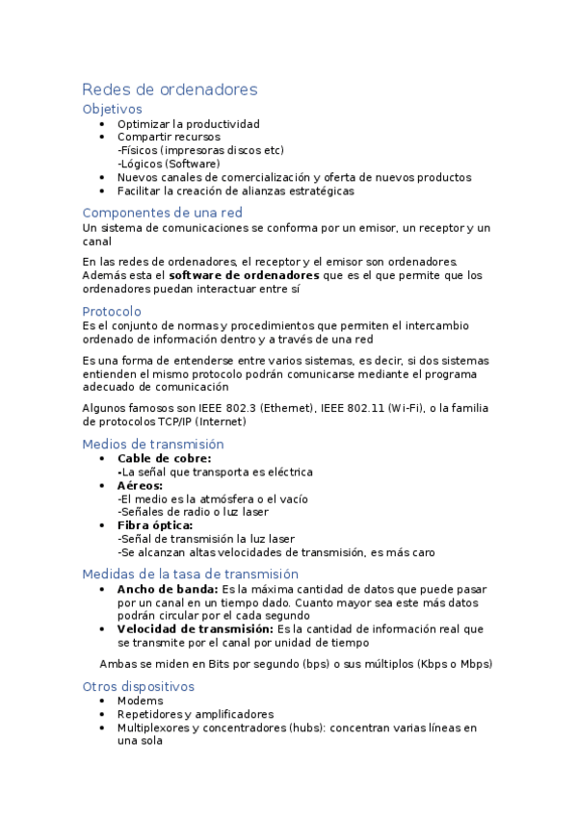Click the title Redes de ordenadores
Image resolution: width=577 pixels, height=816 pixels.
click(x=170, y=89)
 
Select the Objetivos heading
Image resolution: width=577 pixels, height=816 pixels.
click(x=113, y=110)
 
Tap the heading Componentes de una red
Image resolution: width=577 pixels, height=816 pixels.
click(x=163, y=213)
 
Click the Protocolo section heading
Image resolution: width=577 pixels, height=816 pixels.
click(x=112, y=312)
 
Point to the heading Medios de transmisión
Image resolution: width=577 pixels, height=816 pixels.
click(x=153, y=445)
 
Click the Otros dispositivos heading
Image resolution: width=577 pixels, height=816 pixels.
click(x=139, y=687)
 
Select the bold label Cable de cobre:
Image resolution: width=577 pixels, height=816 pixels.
click(x=164, y=459)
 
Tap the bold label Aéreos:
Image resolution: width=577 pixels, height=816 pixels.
click(x=141, y=486)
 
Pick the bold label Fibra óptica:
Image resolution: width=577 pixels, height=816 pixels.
click(x=155, y=525)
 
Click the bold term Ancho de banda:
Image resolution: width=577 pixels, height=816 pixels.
click(x=168, y=589)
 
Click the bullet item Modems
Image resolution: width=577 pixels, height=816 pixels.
click(x=140, y=701)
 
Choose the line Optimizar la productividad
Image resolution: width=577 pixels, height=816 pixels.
click(x=189, y=124)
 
